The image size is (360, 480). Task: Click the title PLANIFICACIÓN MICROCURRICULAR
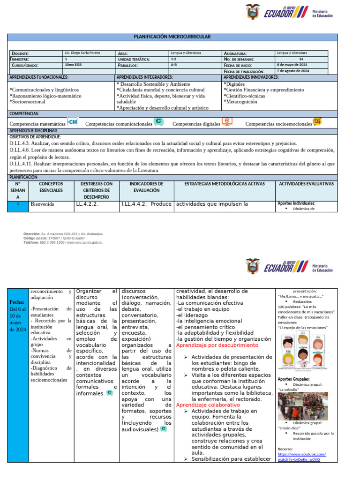click(172, 37)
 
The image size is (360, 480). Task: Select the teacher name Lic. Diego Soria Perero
click(82, 53)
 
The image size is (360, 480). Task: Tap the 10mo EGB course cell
click(73, 65)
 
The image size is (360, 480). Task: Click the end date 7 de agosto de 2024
click(293, 71)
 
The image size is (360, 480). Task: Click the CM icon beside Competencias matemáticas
click(73, 122)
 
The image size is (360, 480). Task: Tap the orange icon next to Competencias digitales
click(227, 122)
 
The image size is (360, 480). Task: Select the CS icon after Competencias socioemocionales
click(317, 122)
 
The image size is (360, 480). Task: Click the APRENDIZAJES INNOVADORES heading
click(251, 77)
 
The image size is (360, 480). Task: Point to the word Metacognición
click(240, 101)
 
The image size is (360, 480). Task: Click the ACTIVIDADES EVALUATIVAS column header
click(306, 184)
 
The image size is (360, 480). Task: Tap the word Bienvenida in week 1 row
click(42, 204)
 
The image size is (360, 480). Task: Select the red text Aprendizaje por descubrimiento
click(217, 345)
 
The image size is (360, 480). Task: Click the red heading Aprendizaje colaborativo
click(208, 405)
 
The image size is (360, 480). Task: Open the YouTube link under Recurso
click(301, 457)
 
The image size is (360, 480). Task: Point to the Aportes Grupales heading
click(293, 379)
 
